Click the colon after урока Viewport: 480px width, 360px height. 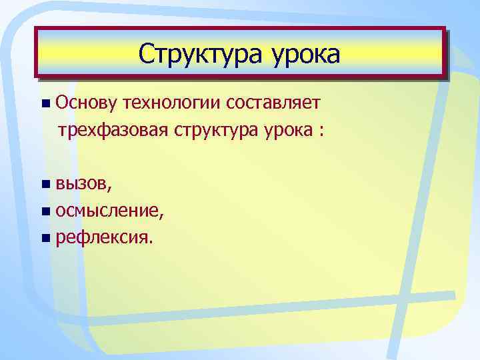coord(321,130)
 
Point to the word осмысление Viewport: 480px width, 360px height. coord(107,211)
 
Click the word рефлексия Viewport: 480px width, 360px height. coord(102,237)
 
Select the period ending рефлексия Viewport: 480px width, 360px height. coord(151,242)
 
